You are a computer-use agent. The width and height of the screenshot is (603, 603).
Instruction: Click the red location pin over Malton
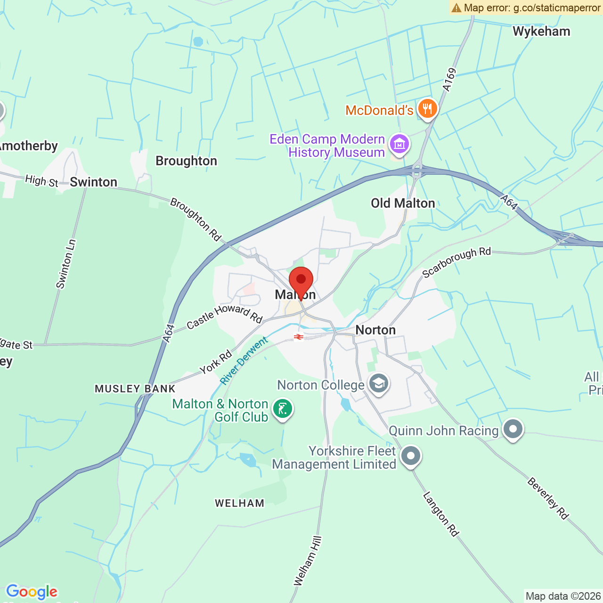pos(301,281)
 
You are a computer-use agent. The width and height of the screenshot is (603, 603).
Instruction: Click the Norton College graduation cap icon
pos(378,384)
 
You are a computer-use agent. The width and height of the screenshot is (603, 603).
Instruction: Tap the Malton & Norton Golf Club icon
pos(283,409)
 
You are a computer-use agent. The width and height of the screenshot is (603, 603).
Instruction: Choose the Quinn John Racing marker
pos(513,429)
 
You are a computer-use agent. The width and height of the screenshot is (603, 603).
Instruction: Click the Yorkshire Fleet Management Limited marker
pos(411,456)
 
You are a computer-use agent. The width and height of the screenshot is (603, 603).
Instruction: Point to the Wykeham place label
pos(541,32)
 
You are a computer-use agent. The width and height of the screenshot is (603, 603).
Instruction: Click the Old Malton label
pos(403,203)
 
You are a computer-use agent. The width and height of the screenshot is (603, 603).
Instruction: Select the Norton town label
pos(375,330)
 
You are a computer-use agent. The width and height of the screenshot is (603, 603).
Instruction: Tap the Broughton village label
pos(187,161)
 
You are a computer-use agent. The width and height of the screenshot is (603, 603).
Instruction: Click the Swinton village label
pos(94,182)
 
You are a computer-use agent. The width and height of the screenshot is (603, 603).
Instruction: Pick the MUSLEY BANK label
pos(135,389)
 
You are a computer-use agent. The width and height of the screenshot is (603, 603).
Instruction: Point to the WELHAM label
pos(240,503)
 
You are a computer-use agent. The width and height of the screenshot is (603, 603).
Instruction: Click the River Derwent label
pos(244,360)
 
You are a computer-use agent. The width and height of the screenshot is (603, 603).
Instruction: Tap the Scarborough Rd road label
pos(456,262)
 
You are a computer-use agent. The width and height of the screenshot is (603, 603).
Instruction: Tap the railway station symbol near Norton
pos(298,337)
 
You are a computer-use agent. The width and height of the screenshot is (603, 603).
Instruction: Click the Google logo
pos(32,592)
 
